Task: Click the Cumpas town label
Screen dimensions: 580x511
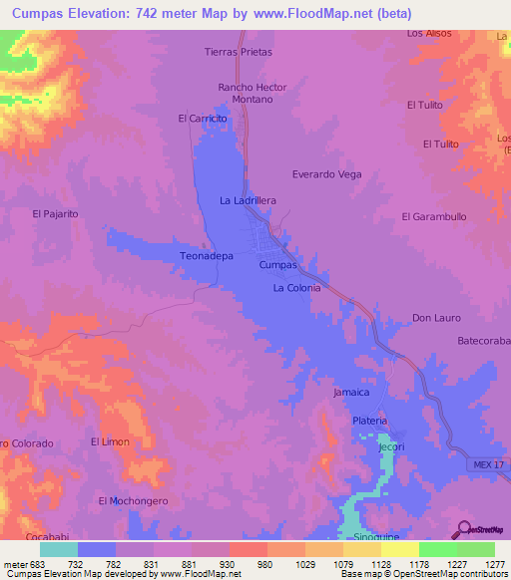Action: point(277,266)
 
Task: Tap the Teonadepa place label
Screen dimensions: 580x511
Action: point(206,256)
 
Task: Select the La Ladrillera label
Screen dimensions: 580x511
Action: point(248,200)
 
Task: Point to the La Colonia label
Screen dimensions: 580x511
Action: point(296,288)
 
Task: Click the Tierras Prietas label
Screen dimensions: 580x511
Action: point(238,51)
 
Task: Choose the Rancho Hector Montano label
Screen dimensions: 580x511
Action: point(246,94)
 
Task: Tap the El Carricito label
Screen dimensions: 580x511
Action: point(203,119)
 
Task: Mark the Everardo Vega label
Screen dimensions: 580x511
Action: point(326,174)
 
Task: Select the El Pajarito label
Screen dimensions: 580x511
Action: point(55,213)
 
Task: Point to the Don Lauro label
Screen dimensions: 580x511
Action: point(434,319)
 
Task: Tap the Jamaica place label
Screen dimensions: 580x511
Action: point(351,393)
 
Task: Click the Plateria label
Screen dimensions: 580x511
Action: point(369,422)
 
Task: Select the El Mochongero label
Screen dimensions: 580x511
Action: point(133,500)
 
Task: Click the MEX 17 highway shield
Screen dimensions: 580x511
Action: point(485,466)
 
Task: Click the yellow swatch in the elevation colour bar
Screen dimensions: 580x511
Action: point(399,549)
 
